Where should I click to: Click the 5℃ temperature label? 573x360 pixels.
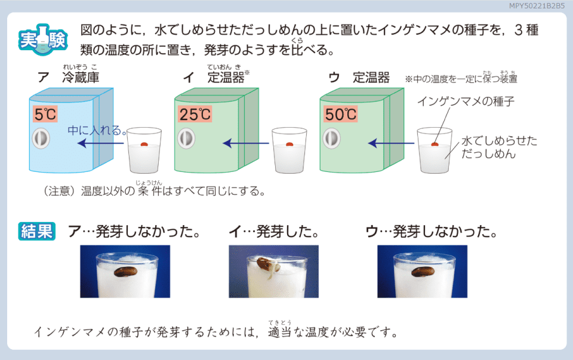[x=45, y=114]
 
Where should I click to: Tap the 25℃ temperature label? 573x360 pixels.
[x=195, y=114]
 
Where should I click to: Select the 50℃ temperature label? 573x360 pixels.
[x=341, y=114]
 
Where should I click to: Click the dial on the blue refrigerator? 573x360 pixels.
[x=41, y=139]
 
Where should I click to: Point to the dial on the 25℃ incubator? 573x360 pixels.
[x=186, y=139]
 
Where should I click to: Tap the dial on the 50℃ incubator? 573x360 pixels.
[x=332, y=139]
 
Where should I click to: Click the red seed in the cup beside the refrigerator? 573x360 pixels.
[x=144, y=144]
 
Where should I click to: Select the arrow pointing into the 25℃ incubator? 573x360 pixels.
[x=246, y=143]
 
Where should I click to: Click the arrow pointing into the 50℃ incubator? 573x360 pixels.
[x=391, y=143]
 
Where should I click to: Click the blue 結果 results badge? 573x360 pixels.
[x=37, y=232]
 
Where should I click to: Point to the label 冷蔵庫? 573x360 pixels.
[x=81, y=78]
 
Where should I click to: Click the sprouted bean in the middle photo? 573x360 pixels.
[x=269, y=264]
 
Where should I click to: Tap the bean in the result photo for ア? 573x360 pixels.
[x=126, y=272]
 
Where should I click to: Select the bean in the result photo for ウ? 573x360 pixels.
[x=423, y=272]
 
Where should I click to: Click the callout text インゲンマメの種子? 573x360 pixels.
[x=466, y=101]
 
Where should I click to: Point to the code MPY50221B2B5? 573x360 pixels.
[x=537, y=6]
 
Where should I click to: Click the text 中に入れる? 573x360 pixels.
[x=95, y=131]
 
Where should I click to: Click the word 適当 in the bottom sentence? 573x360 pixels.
[x=280, y=332]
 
